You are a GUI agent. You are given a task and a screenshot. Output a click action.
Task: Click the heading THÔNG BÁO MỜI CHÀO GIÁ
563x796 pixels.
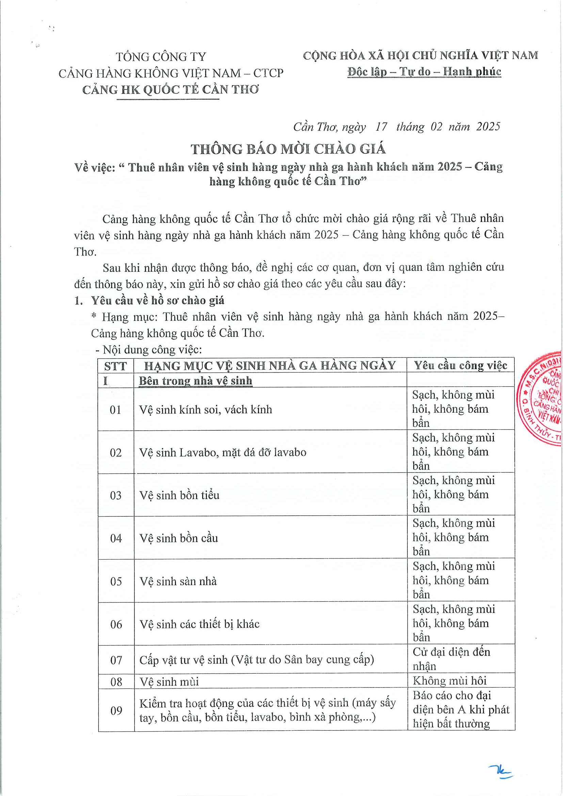click(288, 149)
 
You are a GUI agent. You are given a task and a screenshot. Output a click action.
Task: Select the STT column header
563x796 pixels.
click(115, 366)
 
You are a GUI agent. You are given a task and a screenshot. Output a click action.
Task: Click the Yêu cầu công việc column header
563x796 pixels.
click(460, 365)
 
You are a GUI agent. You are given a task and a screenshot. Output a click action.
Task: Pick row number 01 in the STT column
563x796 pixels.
click(115, 410)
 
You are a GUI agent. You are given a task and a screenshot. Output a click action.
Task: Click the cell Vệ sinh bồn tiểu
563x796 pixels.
click(179, 495)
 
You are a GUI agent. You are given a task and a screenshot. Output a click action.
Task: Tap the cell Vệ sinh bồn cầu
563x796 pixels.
click(179, 538)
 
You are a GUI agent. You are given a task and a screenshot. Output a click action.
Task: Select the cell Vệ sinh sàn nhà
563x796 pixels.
click(178, 581)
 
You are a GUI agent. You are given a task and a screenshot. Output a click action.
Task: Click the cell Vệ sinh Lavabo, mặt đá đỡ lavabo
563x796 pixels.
click(223, 452)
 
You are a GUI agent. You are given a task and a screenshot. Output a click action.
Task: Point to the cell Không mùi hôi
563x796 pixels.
click(450, 681)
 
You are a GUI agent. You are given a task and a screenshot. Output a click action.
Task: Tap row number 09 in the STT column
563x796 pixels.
click(116, 711)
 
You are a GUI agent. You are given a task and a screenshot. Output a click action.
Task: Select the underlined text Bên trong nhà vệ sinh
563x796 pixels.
click(195, 381)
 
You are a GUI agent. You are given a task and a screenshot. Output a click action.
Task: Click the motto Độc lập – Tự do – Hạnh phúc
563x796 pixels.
click(424, 72)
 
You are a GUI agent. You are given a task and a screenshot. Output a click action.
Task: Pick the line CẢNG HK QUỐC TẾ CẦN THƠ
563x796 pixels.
click(171, 90)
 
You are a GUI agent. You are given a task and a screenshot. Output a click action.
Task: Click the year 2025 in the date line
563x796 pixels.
click(488, 127)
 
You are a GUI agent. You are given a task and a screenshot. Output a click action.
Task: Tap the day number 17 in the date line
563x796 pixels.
click(381, 127)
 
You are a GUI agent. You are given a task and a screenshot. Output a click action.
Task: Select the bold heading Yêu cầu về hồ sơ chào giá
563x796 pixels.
click(158, 300)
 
